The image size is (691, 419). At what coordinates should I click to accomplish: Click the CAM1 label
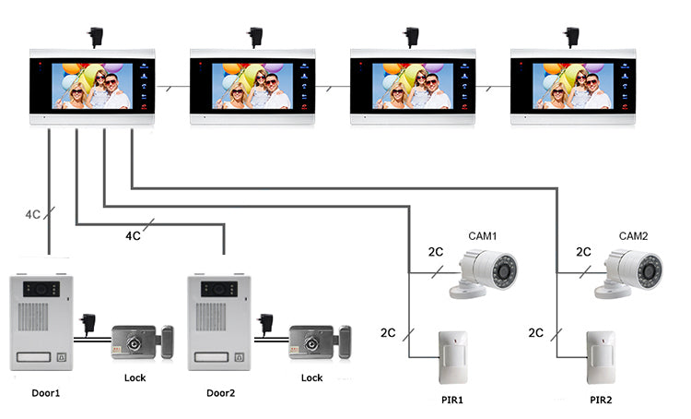pos(481,237)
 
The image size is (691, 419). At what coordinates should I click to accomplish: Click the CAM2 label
pos(633,237)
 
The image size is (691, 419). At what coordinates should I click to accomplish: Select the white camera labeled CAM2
pos(633,275)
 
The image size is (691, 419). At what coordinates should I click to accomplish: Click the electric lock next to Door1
pos(141,341)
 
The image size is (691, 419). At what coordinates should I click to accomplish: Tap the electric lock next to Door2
pos(320,341)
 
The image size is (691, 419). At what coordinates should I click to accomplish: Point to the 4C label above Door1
pos(32,214)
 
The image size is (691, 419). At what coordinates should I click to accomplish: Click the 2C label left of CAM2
pos(583,251)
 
